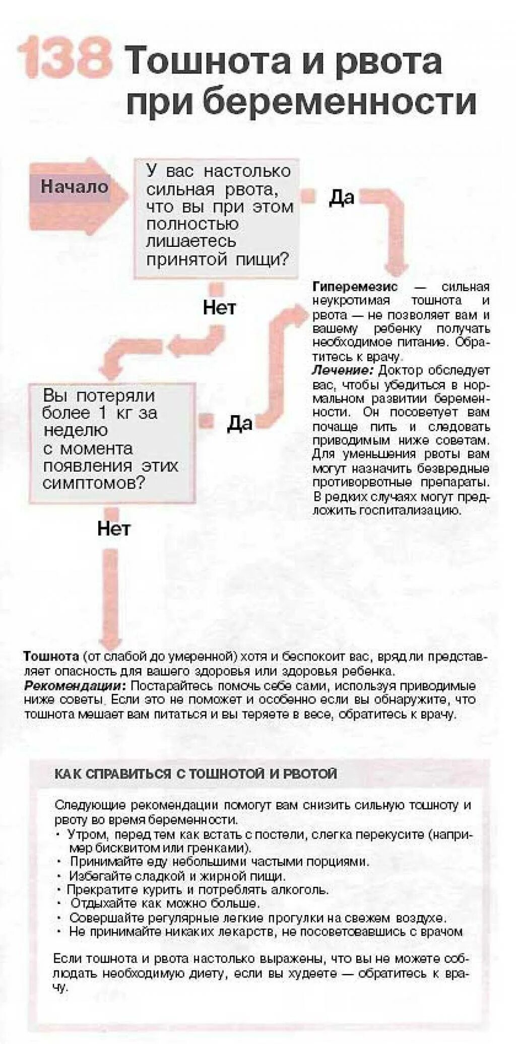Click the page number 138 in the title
(64, 57)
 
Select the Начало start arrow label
(74, 186)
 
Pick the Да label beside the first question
(342, 198)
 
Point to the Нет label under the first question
(219, 307)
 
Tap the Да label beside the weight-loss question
(239, 423)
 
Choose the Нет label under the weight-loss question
(114, 528)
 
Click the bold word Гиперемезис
(355, 287)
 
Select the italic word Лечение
(343, 371)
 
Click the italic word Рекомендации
(75, 686)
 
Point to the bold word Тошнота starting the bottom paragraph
(51, 657)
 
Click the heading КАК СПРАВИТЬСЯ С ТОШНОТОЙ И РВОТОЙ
(196, 773)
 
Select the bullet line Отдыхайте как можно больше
(165, 903)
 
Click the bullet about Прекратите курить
(198, 890)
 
